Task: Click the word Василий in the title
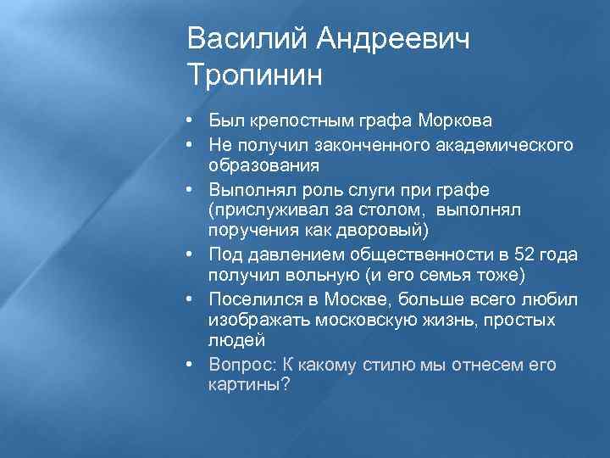[x=245, y=39]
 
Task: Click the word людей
[x=236, y=340]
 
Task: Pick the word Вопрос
[x=241, y=365]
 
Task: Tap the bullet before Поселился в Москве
[x=195, y=299]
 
